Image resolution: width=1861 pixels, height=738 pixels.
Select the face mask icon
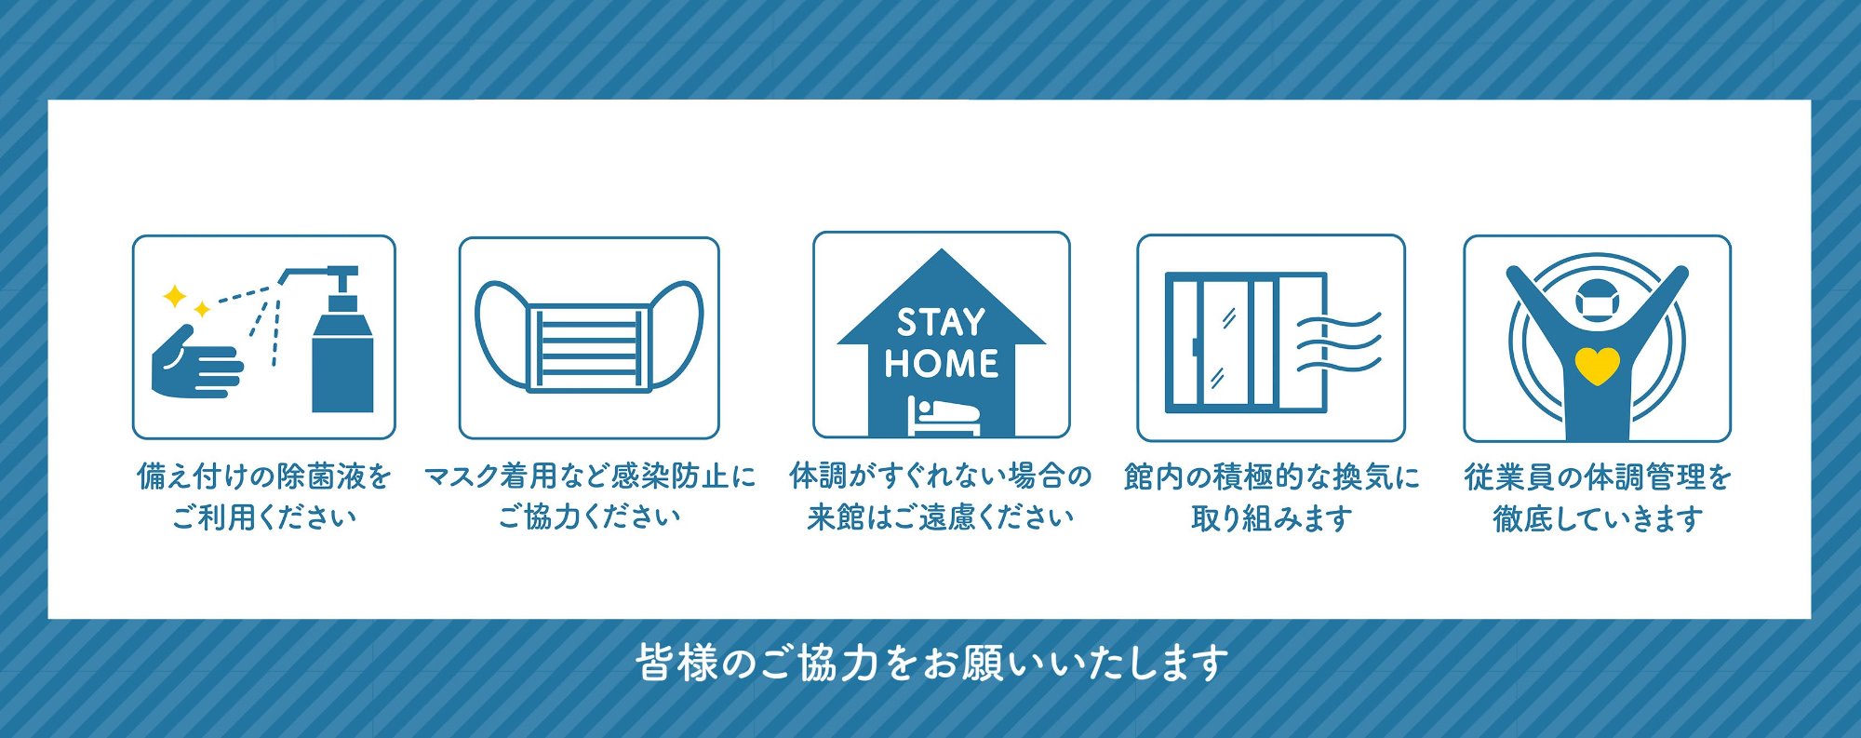click(x=589, y=335)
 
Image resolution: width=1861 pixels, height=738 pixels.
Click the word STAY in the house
click(x=941, y=322)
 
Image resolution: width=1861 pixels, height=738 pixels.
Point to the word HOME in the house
click(x=942, y=363)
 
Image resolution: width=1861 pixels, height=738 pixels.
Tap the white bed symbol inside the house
click(x=944, y=416)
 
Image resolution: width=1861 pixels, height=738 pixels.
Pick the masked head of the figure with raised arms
click(x=1598, y=301)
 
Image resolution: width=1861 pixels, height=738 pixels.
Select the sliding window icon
click(x=1246, y=342)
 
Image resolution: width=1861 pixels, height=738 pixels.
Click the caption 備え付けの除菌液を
click(x=264, y=476)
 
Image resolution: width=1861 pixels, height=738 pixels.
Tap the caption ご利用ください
click(x=264, y=517)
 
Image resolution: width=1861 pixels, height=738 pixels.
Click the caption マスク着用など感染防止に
click(x=590, y=476)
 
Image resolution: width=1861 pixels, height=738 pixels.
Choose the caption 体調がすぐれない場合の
click(x=941, y=476)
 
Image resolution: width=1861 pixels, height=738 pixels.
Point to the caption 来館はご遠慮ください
click(x=941, y=517)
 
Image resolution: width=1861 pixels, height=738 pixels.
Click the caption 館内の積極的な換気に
click(x=1271, y=476)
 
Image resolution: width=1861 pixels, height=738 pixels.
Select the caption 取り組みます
click(x=1271, y=517)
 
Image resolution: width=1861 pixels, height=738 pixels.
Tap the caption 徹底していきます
click(x=1598, y=517)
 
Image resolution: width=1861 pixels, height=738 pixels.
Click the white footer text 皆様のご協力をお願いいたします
click(x=931, y=664)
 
